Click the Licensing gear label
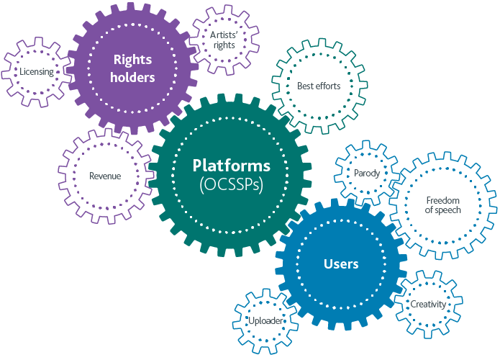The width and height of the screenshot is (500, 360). (x=37, y=72)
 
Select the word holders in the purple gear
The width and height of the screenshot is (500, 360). (x=133, y=78)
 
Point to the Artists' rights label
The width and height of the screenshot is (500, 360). (x=223, y=40)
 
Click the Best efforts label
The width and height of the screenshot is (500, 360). (x=319, y=86)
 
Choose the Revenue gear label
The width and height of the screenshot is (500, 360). (x=105, y=176)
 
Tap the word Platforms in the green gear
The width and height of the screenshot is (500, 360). (x=232, y=165)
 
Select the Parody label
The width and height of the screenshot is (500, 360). (x=367, y=174)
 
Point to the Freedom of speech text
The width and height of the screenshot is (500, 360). (x=443, y=205)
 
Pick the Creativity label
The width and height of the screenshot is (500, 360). (x=428, y=305)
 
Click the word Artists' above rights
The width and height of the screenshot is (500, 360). (x=223, y=35)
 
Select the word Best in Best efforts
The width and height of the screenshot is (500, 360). (x=306, y=86)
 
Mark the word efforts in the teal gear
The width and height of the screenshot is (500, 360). (x=328, y=86)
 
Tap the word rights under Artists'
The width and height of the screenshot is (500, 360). (x=223, y=45)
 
